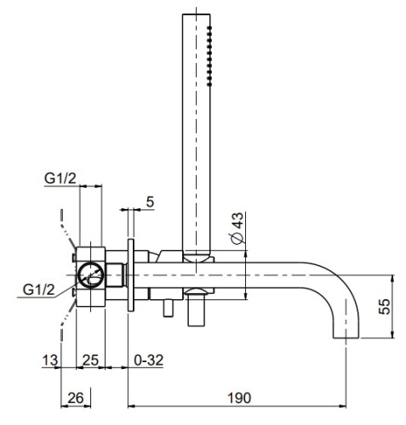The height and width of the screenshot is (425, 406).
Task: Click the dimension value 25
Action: tap(89, 360)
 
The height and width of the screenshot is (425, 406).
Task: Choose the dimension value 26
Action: tap(74, 397)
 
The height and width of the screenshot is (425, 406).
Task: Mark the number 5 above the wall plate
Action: tap(149, 201)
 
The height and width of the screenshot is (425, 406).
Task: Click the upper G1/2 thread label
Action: tap(60, 177)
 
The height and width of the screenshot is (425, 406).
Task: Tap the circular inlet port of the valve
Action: tap(89, 275)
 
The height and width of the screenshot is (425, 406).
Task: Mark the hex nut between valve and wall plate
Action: tap(119, 275)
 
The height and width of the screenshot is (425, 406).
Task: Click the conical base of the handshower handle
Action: tap(197, 250)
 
